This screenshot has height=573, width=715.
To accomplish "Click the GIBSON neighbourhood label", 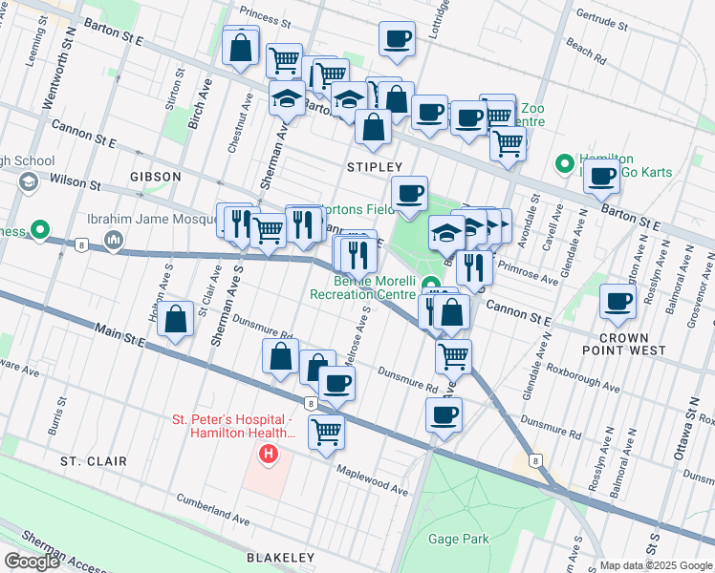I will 155,177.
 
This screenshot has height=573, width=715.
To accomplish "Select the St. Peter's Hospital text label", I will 231,426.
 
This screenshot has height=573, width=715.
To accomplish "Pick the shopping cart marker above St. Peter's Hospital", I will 327,431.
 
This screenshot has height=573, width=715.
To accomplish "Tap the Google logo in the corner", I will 32,562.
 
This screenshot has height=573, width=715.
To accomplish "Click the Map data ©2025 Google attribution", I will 656,565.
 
